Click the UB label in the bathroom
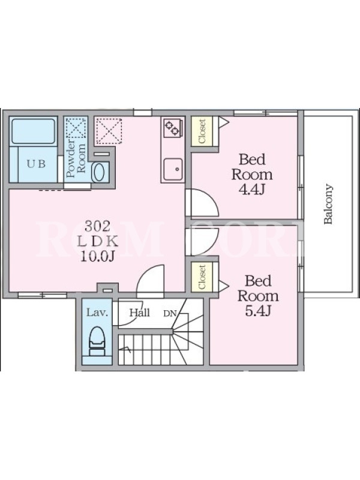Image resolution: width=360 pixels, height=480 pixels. tap(36, 164)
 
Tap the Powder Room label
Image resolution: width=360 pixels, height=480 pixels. tap(76, 158)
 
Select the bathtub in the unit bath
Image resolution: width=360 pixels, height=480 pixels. tap(33, 131)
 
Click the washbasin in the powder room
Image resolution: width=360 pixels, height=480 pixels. tap(100, 173)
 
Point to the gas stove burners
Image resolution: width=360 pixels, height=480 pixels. tap(172, 127)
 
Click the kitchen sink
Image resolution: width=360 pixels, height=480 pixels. tap(173, 169)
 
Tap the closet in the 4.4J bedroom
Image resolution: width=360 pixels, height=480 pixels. tap(202, 131)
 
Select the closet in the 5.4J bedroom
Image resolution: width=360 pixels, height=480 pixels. tap(202, 277)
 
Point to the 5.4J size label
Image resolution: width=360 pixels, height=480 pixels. tap(258, 311)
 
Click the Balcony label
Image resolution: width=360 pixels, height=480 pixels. tap(328, 204)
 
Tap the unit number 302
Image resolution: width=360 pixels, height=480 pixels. tap(97, 226)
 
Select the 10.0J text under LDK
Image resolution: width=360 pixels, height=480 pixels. tap(97, 257)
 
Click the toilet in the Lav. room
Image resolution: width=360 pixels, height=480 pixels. tap(97, 341)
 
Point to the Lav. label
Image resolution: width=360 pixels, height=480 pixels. tap(97, 313)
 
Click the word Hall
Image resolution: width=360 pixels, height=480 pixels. tap(140, 313)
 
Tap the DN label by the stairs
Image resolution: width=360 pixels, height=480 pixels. tap(170, 313)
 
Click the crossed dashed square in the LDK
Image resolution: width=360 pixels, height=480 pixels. tap(109, 131)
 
